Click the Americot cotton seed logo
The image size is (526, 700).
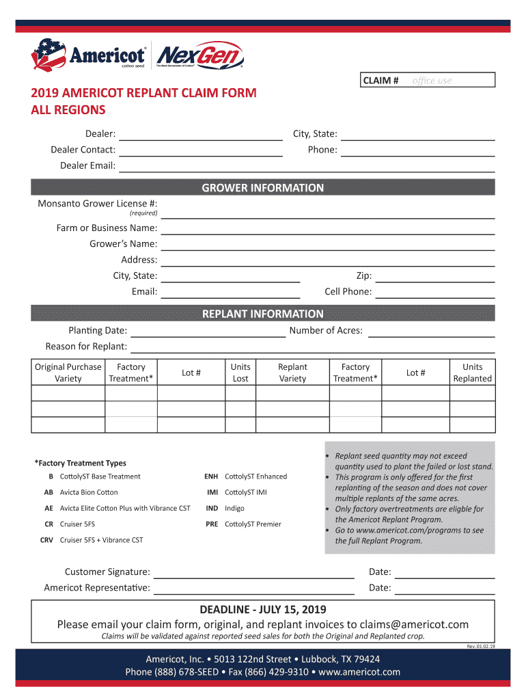(x=89, y=55)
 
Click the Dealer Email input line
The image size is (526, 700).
(x=307, y=166)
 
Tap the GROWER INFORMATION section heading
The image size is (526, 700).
(x=263, y=188)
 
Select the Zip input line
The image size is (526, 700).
(x=435, y=276)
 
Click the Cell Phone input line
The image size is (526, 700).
(x=435, y=293)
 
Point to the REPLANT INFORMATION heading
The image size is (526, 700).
(x=263, y=314)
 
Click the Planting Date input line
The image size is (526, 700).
(x=208, y=331)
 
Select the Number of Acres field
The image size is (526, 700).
(x=431, y=331)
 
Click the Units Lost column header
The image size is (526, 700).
(x=240, y=373)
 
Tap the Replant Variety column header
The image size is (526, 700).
(x=293, y=373)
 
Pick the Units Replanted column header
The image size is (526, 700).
(x=472, y=373)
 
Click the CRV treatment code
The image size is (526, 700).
(x=47, y=540)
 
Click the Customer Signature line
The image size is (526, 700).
(x=253, y=572)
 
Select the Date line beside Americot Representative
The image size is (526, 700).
(x=445, y=588)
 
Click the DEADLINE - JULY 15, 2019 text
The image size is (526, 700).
(x=263, y=609)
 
